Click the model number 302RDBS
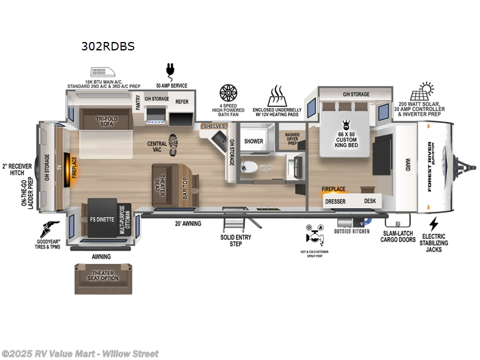pos(108,46)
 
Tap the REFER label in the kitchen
pos(182,102)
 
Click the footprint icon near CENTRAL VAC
pos(173,145)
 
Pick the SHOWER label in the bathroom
pos(254,142)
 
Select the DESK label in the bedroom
pos(370,201)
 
